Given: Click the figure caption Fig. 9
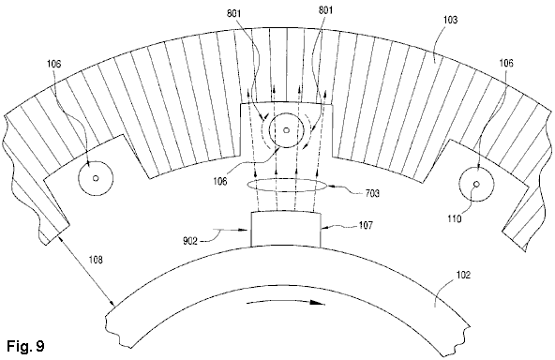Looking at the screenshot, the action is click(x=26, y=346).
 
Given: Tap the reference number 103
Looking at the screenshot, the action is click(x=450, y=20).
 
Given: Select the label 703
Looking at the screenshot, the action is click(x=371, y=193).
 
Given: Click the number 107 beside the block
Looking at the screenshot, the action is click(x=366, y=225).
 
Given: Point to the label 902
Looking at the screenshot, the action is click(x=190, y=242).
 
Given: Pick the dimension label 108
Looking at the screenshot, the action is click(x=96, y=260).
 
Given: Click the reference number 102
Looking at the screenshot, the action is click(x=463, y=275).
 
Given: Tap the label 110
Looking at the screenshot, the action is click(x=455, y=218).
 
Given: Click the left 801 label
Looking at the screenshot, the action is click(x=234, y=13).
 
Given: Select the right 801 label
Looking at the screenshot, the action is click(x=325, y=10).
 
